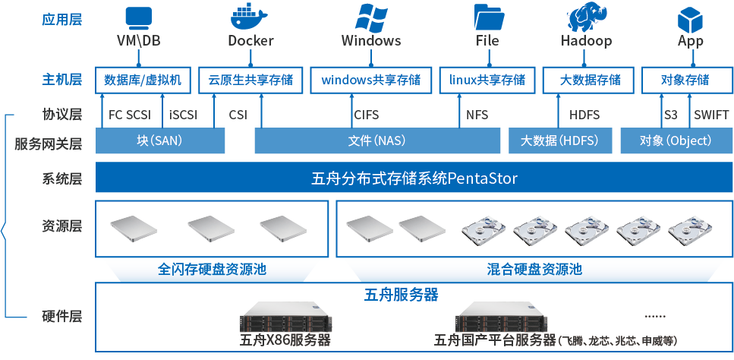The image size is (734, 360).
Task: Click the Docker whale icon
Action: [x=250, y=17]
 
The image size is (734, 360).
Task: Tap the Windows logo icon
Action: [x=370, y=17]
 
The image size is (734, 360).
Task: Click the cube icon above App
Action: [x=690, y=17]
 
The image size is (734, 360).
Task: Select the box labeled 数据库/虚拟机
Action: [x=143, y=80]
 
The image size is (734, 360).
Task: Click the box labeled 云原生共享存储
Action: [x=250, y=80]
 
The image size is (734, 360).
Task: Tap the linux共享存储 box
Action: [x=487, y=80]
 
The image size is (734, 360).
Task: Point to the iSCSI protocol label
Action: [x=183, y=115]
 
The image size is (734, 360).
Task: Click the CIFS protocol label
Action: [x=366, y=115]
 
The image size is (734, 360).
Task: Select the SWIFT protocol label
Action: [x=711, y=115]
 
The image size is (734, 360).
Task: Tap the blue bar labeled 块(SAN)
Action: [x=159, y=141]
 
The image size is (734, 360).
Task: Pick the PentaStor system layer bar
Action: [x=414, y=179]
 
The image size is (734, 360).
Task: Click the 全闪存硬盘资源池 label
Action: [x=212, y=269]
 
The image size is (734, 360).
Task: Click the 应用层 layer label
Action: [x=61, y=19]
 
